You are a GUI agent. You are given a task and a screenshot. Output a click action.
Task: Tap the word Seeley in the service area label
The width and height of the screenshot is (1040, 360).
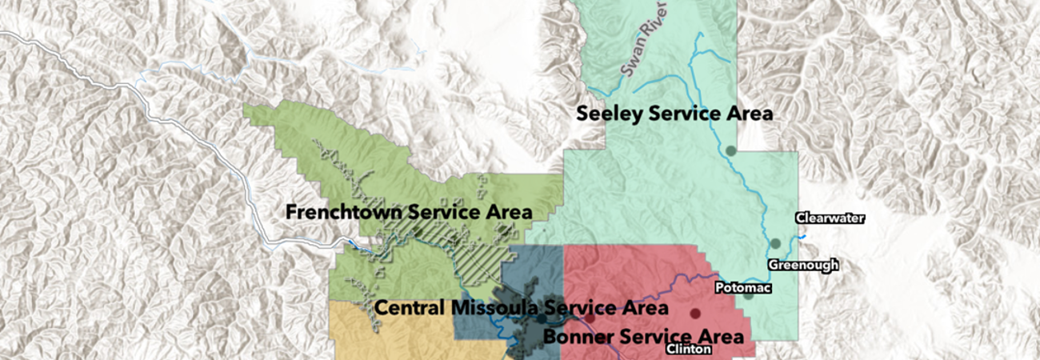tap(609, 114)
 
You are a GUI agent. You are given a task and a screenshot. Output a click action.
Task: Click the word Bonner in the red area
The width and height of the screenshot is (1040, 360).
tap(573, 335)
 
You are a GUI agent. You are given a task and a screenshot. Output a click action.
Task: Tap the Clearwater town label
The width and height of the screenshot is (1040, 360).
tap(830, 218)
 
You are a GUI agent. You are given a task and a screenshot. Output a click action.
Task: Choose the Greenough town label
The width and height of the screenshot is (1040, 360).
tap(803, 265)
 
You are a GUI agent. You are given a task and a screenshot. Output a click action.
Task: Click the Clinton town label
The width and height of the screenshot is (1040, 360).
tap(688, 350)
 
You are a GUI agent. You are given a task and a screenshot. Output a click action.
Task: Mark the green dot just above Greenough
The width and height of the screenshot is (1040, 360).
tap(774, 243)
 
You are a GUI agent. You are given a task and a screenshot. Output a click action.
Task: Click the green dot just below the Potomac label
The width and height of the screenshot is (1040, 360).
tap(748, 295)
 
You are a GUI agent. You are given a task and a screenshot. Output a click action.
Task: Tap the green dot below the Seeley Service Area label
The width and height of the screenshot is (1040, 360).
tap(730, 150)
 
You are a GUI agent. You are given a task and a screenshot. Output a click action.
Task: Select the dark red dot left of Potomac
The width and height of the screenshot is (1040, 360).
tap(695, 313)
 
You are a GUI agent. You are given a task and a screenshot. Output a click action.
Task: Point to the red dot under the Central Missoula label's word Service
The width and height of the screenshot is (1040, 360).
tap(590, 318)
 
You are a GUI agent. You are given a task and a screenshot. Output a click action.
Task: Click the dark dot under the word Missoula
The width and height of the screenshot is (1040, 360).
tap(542, 319)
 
